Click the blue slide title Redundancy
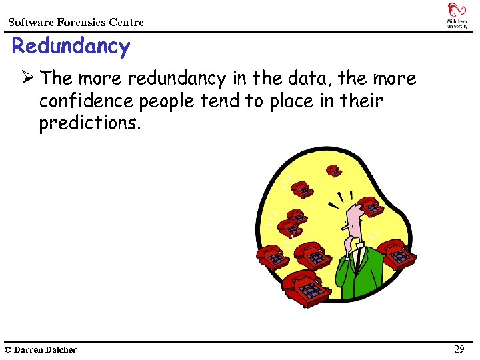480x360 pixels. tap(71, 47)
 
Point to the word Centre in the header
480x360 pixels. tap(127, 23)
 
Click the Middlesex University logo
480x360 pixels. tap(457, 15)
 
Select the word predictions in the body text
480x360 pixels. tap(91, 124)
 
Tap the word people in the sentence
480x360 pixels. tap(167, 101)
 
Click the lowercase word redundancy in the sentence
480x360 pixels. tap(176, 79)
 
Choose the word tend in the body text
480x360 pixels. tap(221, 101)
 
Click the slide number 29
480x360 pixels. tap(459, 349)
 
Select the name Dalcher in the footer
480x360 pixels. tap(61, 350)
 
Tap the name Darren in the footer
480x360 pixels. tap(29, 350)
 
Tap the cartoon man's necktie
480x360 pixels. tap(358, 257)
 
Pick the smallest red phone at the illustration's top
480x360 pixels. tap(334, 171)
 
